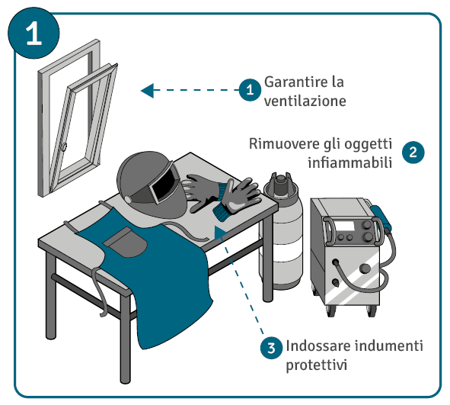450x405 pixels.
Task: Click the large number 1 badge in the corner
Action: coord(34,33)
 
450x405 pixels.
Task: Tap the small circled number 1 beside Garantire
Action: coord(250,90)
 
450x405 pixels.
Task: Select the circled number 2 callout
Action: coord(413,152)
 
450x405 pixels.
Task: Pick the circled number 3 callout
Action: coord(272,348)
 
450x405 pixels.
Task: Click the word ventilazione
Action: coord(305,101)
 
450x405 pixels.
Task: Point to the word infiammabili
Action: coord(350,162)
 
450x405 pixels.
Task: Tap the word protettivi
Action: coord(317,365)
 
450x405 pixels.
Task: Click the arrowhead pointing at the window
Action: coord(147,91)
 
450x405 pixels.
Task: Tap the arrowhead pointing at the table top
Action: coord(220,232)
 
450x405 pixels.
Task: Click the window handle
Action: coord(64,146)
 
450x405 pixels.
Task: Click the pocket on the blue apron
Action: coord(126,242)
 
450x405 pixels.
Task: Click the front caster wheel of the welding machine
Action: coord(330,311)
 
